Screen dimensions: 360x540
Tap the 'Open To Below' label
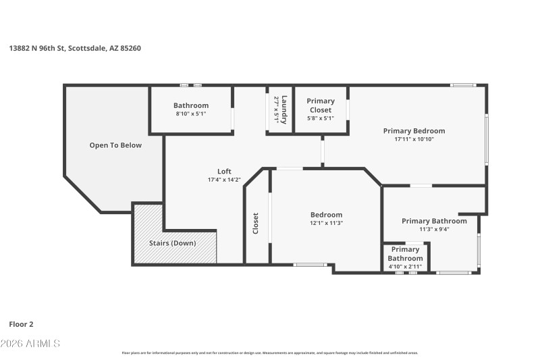click(x=115, y=145)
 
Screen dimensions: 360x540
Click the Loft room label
click(x=224, y=171)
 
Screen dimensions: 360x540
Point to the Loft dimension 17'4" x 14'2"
click(x=224, y=180)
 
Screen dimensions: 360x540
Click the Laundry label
click(x=285, y=109)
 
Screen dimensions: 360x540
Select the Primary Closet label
click(x=321, y=105)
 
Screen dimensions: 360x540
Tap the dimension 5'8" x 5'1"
click(x=321, y=118)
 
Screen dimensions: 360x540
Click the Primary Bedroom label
click(x=414, y=131)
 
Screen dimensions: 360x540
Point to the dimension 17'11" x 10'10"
click(x=414, y=140)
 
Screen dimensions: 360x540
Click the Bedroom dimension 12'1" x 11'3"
click(x=326, y=224)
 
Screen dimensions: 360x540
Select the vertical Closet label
click(x=255, y=224)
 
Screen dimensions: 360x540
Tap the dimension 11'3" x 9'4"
click(x=434, y=229)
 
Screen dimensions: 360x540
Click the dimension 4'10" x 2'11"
click(x=405, y=267)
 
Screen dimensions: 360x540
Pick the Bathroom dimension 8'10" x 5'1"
click(x=191, y=114)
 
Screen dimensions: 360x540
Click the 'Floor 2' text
click(x=20, y=324)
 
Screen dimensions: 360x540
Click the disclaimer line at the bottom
click(x=269, y=353)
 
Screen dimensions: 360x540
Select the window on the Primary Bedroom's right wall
click(x=486, y=139)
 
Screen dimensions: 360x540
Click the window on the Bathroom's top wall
click(x=190, y=85)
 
